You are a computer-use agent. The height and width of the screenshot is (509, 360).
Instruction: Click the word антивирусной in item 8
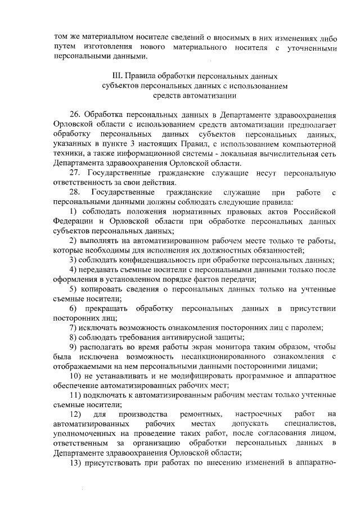point(193,337)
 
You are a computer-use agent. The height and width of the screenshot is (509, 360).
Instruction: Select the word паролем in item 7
point(306,327)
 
